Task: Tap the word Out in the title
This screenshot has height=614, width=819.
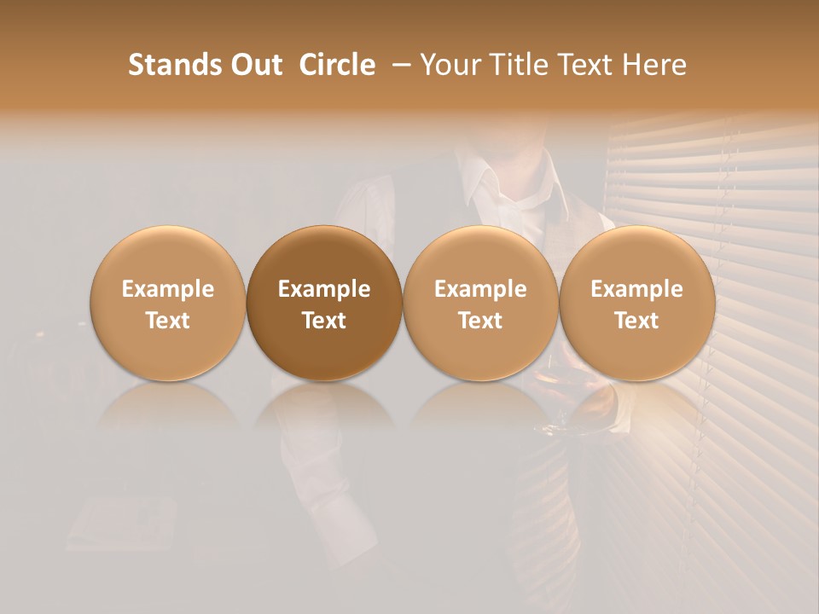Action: click(x=253, y=65)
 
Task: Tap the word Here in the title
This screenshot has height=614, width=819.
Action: click(x=655, y=65)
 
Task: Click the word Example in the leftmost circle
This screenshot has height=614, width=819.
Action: click(x=167, y=289)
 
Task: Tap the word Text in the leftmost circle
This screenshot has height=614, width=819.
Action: click(x=167, y=321)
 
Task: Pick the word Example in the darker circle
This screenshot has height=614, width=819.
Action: click(x=324, y=289)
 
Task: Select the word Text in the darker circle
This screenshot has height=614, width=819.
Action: click(x=324, y=321)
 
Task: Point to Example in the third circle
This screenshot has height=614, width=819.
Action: click(x=480, y=289)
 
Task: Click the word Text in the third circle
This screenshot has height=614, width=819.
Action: click(x=480, y=321)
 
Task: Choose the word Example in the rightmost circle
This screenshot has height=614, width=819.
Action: click(x=636, y=289)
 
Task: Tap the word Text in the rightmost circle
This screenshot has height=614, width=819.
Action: click(x=636, y=321)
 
